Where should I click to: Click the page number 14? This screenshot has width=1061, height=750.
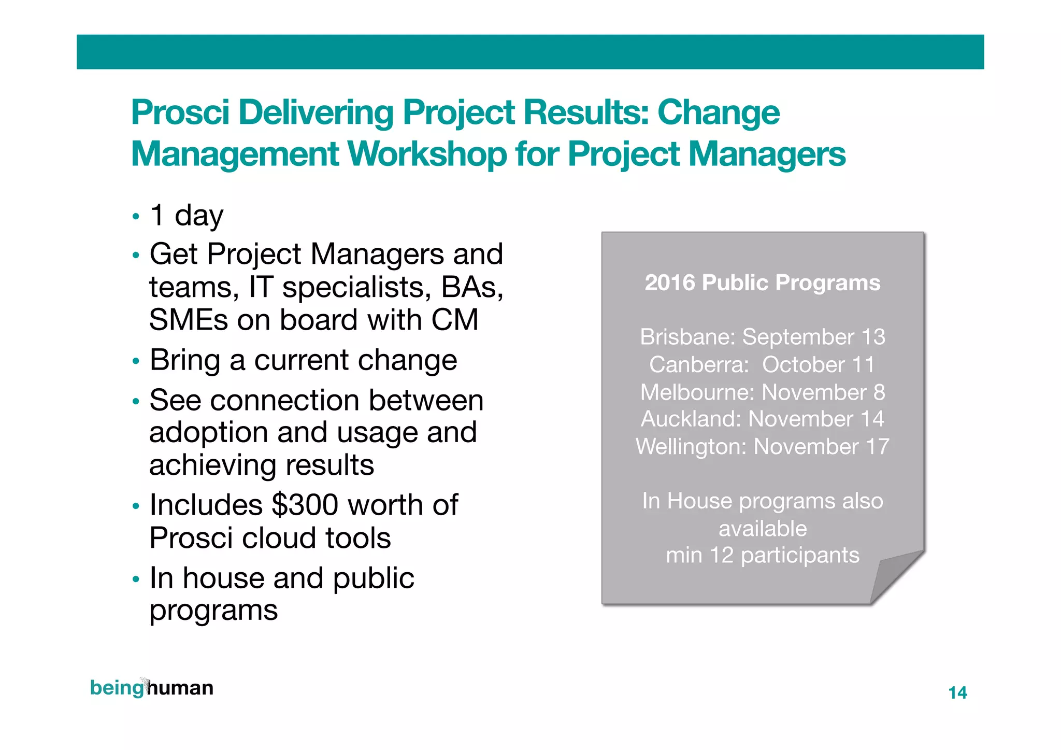coord(957,692)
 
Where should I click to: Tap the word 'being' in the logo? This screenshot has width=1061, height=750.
coord(116,688)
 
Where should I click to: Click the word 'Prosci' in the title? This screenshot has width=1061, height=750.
coord(180,112)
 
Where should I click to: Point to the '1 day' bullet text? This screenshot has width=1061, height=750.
coord(187,215)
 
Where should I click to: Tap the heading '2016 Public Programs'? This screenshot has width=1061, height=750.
coord(762,283)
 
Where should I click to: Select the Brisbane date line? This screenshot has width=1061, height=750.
coord(762,337)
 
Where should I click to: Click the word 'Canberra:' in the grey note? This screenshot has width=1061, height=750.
coord(699,365)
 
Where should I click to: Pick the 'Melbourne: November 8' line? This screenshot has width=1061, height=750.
coord(762,392)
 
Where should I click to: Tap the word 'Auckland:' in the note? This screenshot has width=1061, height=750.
coord(691,419)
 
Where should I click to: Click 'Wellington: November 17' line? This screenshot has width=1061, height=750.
coord(762,447)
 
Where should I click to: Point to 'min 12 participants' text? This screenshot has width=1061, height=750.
coord(762,555)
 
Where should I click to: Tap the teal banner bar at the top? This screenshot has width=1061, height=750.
coord(530,52)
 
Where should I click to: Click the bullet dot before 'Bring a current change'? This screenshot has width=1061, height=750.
coord(136,361)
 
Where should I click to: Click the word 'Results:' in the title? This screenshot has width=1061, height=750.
coord(586,112)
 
